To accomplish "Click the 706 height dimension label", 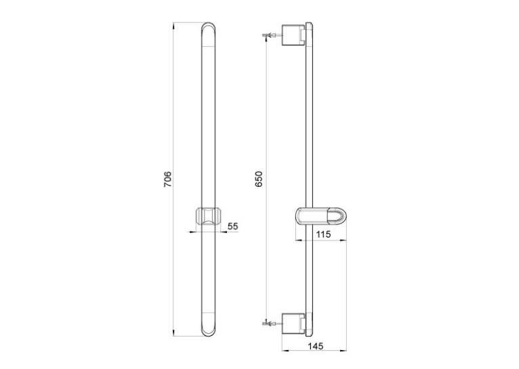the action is [168, 179].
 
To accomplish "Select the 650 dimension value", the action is [259, 179].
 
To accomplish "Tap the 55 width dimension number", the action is [232, 227].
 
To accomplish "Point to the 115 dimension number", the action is [323, 234].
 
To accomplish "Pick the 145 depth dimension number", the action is [316, 346].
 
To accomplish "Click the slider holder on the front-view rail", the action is [208, 216].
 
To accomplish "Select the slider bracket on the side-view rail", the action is [321, 216].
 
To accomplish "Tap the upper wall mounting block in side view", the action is [293, 35].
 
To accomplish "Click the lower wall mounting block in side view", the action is [293, 324].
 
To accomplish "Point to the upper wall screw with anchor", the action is [272, 35].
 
